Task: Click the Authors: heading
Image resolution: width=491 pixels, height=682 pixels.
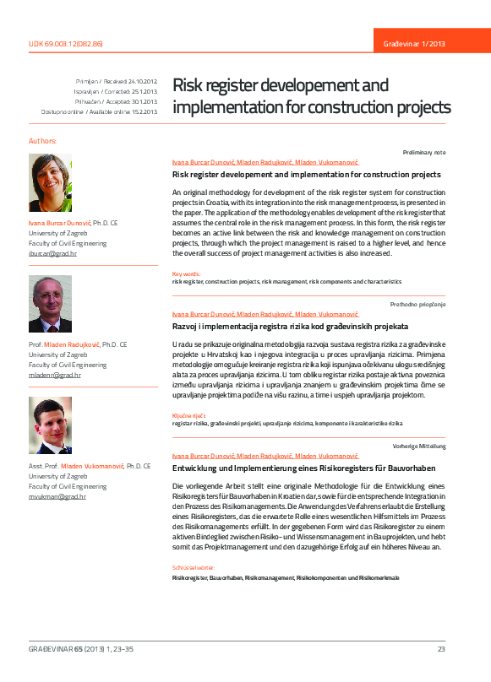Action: pos(43,140)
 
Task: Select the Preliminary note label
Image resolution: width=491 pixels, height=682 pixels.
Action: pos(424,152)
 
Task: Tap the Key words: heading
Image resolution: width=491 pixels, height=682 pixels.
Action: pos(186,273)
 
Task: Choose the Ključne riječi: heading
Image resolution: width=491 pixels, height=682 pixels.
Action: pos(189,415)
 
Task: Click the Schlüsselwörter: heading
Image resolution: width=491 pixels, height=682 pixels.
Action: pos(194,568)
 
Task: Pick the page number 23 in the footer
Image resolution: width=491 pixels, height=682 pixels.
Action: pos(440,648)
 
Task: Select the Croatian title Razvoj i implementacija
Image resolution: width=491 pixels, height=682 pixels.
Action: pos(291,325)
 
